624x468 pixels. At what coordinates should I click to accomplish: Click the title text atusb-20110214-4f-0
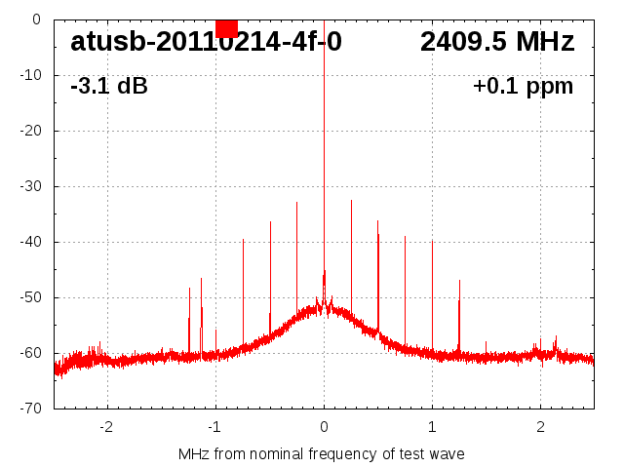point(206,42)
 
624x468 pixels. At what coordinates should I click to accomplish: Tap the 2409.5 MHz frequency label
point(497,42)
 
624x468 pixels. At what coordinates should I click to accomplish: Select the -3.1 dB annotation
point(108,86)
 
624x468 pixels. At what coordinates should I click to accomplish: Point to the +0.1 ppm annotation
point(523,86)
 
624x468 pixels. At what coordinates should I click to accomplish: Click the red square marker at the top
point(226,27)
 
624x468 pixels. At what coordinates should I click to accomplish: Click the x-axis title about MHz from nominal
point(322,453)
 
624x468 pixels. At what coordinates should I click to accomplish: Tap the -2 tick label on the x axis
point(106,426)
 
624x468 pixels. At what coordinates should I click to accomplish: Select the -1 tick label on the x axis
point(214,426)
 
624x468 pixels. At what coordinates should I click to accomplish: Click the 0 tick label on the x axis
point(324,426)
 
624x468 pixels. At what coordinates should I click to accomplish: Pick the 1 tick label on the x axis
point(432,426)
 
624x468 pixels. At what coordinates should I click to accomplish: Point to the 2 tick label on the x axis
point(540,426)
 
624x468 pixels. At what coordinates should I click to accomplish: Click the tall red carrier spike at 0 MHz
point(324,146)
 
